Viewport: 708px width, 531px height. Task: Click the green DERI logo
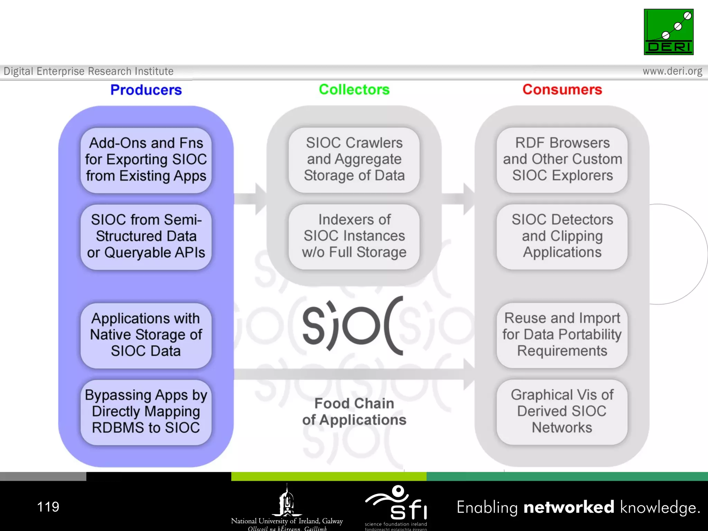pos(668,32)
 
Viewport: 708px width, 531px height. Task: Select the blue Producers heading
pos(146,90)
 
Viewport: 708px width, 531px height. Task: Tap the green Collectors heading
pos(354,90)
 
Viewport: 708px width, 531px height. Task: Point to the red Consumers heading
pos(562,90)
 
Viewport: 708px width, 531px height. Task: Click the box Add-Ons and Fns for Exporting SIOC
pos(146,160)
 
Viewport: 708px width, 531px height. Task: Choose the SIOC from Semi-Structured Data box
pos(146,236)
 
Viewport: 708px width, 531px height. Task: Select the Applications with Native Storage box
pos(146,335)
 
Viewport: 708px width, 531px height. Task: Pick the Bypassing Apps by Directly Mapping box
pos(146,411)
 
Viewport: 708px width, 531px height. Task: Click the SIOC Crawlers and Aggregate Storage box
pos(354,159)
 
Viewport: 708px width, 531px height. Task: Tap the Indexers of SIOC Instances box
pos(354,236)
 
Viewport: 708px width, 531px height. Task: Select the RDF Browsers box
pos(562,159)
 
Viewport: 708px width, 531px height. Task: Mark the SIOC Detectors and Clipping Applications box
pos(562,236)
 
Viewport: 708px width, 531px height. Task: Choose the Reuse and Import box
pos(562,335)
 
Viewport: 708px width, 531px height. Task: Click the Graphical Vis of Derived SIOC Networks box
pos(562,411)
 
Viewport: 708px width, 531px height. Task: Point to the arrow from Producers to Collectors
pos(250,199)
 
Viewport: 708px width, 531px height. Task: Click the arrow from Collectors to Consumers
pos(458,199)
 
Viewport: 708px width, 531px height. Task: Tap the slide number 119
pos(48,507)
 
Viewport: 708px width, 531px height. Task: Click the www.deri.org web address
pos(672,71)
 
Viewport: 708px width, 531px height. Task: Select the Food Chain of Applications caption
pos(354,412)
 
